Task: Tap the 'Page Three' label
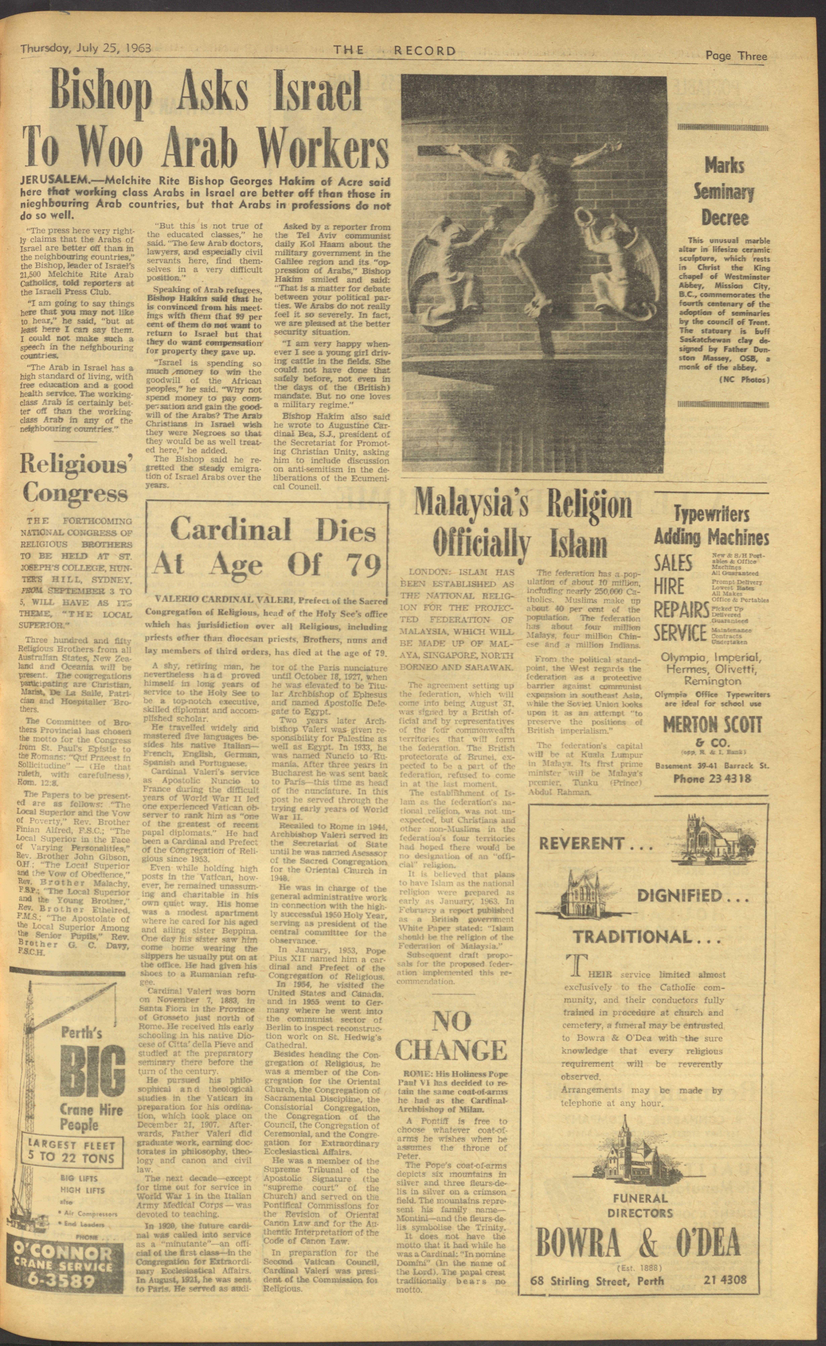tap(736, 56)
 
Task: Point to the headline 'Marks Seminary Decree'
tap(724, 191)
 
